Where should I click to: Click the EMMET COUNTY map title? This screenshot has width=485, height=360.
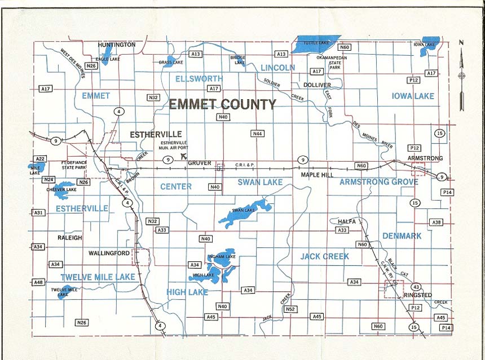[x=223, y=104]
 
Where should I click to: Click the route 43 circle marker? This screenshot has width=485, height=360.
[x=416, y=287]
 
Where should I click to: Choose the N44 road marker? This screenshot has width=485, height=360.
[x=257, y=134]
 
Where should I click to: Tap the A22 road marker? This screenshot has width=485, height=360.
[x=41, y=159]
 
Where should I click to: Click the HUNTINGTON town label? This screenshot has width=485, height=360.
[x=117, y=45]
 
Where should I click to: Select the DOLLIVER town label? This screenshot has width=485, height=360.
[x=317, y=85]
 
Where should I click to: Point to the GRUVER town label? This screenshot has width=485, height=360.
[x=200, y=163]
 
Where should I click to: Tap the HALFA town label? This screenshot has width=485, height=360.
[x=347, y=221]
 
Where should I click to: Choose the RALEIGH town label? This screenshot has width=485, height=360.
[x=69, y=238]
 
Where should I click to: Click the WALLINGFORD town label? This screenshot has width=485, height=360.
[x=109, y=254]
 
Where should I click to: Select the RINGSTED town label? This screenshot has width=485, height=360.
[x=417, y=295]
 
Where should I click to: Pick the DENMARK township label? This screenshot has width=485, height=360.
[x=402, y=236]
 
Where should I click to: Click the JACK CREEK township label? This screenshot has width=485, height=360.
[x=324, y=256]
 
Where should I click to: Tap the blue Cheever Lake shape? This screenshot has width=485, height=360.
[x=63, y=188]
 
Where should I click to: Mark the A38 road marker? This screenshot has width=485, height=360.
[x=436, y=223]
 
